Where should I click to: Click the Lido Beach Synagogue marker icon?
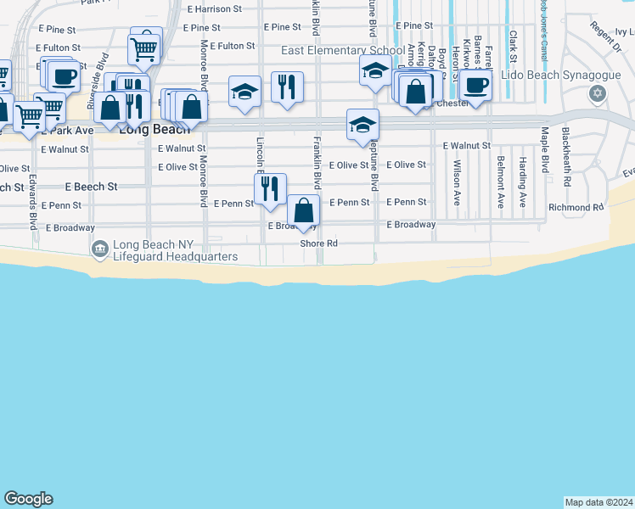(598, 93)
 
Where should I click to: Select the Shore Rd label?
(319, 243)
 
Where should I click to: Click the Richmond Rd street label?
(575, 207)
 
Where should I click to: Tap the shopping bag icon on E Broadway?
(303, 210)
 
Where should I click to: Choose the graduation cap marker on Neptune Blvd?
(362, 125)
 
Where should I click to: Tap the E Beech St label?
(91, 186)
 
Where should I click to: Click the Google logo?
(28, 499)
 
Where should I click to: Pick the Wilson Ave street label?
(457, 183)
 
